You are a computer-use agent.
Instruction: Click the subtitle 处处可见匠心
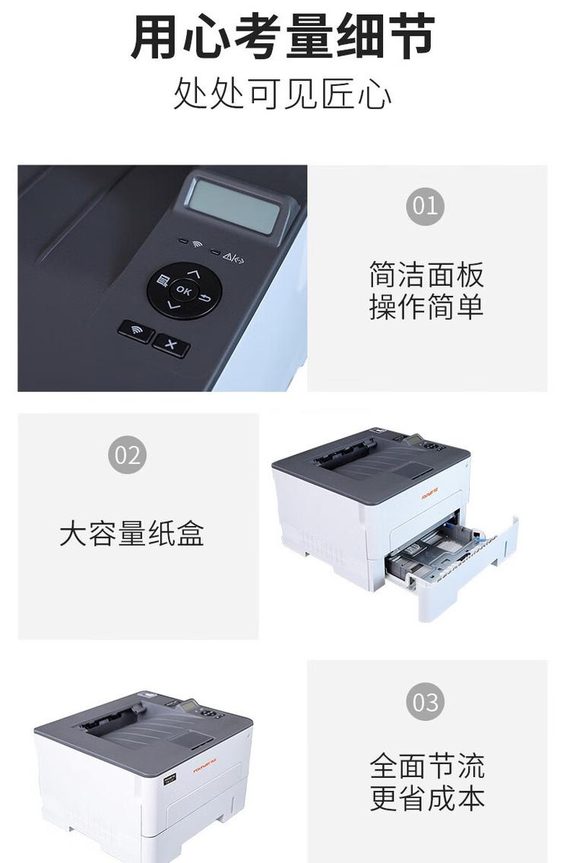[x=283, y=94]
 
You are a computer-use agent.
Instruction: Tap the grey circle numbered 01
[x=425, y=206]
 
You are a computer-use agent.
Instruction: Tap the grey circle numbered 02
[x=128, y=455]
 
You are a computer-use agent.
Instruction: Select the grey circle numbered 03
[x=425, y=701]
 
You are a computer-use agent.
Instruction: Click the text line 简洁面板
[x=426, y=274]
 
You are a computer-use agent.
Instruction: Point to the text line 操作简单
[x=426, y=307]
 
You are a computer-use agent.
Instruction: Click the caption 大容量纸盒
[x=132, y=534]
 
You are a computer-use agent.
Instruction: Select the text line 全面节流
[x=427, y=766]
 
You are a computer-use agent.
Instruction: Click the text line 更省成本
[x=427, y=798]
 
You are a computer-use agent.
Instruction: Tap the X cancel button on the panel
[x=171, y=346]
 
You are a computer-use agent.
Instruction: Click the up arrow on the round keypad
[x=193, y=273]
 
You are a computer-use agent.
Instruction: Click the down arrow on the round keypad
[x=174, y=306]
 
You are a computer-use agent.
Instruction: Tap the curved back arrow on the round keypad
[x=205, y=297]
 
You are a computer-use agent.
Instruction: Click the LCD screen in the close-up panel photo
[x=235, y=205]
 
